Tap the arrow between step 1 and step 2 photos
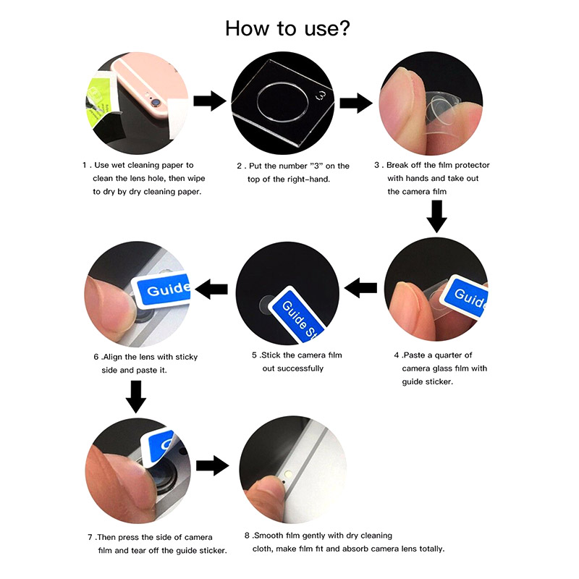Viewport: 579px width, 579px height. point(210,101)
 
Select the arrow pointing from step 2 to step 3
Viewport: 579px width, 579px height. point(356,103)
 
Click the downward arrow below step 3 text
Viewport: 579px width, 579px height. point(437,216)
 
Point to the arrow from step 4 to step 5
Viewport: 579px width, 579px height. point(360,287)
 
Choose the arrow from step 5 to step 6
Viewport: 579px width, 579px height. point(211,289)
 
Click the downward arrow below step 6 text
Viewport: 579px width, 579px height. point(136,397)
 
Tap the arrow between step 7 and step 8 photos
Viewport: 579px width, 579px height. point(212,465)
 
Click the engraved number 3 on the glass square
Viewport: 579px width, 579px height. point(321,96)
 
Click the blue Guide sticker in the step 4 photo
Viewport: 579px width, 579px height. point(465,295)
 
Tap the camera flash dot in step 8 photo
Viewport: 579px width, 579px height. point(288,474)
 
